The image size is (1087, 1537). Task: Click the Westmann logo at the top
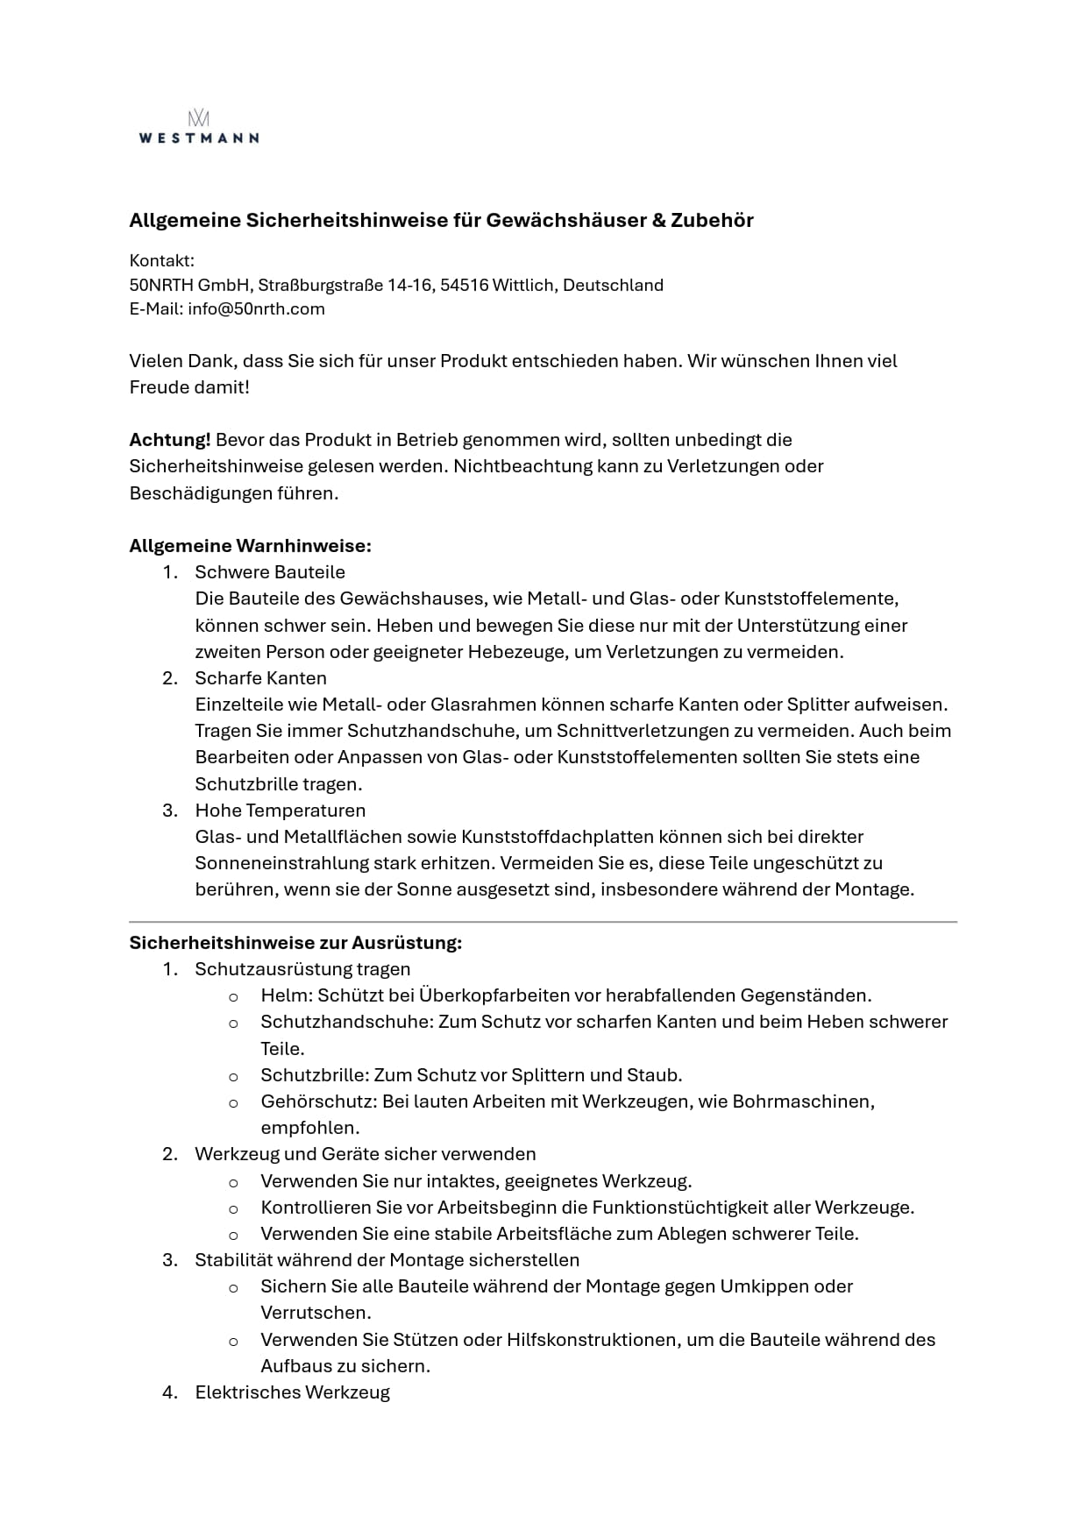(x=199, y=127)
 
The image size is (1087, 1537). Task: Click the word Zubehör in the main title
(x=712, y=220)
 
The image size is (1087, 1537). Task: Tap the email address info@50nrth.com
(x=256, y=308)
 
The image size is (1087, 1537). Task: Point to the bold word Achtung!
(x=169, y=439)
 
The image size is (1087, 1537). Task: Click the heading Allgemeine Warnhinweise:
(x=250, y=546)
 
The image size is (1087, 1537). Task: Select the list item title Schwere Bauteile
(x=270, y=572)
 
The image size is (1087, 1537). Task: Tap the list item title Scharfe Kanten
(x=260, y=678)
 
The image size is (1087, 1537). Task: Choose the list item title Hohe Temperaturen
(x=280, y=811)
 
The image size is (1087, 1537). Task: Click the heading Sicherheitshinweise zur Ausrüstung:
(x=295, y=943)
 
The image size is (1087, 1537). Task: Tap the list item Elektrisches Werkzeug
(x=292, y=1392)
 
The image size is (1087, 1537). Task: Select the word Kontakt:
(x=162, y=260)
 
